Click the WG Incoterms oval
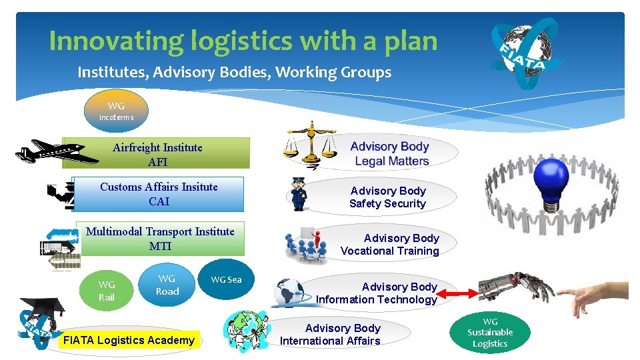[116, 111]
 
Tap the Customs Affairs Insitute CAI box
[159, 193]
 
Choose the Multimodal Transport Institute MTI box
[160, 239]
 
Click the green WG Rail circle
[107, 291]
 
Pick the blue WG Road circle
[167, 285]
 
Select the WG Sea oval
[227, 279]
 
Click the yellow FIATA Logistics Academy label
[129, 340]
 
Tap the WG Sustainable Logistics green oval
[490, 332]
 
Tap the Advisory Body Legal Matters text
[391, 153]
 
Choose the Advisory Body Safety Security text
[387, 197]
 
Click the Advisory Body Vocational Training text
[391, 245]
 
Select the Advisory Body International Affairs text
[331, 335]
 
